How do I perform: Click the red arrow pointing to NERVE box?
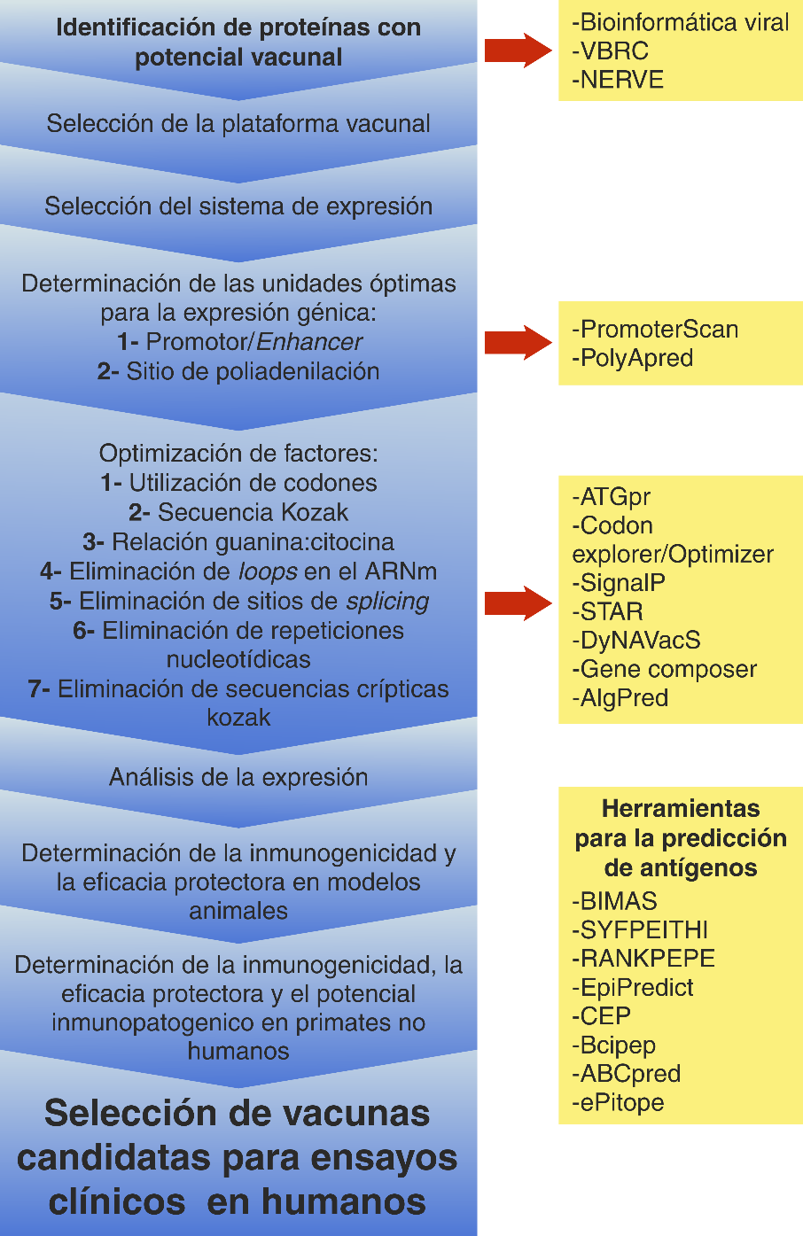[x=518, y=51]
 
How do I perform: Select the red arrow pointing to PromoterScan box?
[x=518, y=343]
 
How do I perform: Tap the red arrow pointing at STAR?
[x=518, y=603]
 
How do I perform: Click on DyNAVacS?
[x=636, y=641]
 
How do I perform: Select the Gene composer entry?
[x=665, y=669]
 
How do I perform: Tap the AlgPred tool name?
[x=620, y=698]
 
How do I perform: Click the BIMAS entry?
[x=615, y=901]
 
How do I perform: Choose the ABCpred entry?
[x=627, y=1074]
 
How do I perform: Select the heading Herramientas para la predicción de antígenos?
[x=681, y=837]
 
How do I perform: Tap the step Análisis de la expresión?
[x=238, y=777]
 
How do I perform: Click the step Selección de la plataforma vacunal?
[x=238, y=123]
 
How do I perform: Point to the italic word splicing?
[x=387, y=602]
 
